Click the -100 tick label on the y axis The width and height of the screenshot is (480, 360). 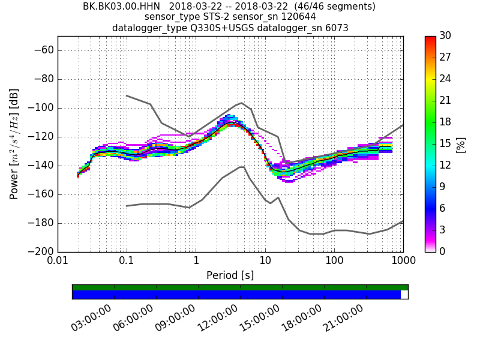click(41, 108)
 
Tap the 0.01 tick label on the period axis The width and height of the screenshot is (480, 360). click(58, 262)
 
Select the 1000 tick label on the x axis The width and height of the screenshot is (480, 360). click(403, 262)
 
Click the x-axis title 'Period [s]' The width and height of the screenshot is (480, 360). click(230, 275)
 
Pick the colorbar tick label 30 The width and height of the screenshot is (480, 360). click(445, 36)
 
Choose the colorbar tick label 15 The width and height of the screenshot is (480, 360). click(445, 144)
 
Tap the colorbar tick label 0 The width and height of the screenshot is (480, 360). click(442, 251)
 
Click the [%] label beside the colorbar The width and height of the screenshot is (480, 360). click(460, 144)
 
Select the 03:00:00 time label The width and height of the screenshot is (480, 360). click(92, 317)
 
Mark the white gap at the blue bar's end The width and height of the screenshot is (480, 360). click(404, 295)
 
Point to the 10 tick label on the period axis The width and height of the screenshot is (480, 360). click(265, 262)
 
